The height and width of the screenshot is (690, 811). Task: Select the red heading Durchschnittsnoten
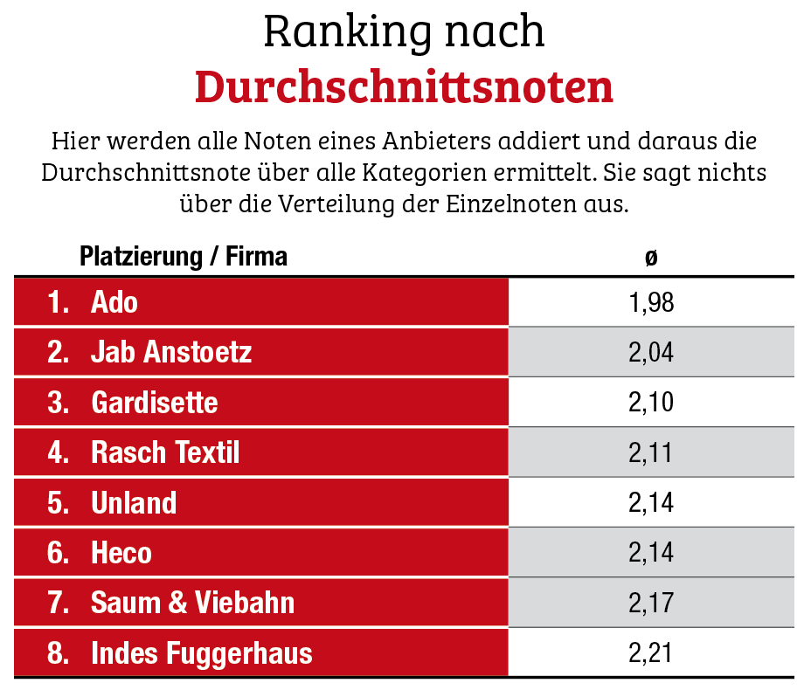click(404, 86)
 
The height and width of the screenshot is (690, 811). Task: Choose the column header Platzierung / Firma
click(184, 257)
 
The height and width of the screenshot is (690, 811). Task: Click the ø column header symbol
click(651, 257)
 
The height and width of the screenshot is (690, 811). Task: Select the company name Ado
click(114, 303)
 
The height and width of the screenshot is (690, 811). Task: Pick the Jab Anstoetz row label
click(171, 353)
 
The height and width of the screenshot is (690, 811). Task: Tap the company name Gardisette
click(155, 403)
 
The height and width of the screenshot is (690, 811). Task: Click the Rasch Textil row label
click(165, 452)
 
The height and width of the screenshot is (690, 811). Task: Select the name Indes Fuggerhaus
click(201, 652)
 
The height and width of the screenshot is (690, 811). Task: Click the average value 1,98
click(651, 303)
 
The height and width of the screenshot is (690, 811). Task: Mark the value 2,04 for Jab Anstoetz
click(651, 353)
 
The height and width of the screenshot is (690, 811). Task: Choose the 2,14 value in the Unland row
click(651, 503)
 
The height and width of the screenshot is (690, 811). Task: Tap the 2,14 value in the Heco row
click(651, 553)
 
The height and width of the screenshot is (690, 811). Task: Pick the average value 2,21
click(651, 652)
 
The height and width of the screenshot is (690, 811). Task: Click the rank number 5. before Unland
click(59, 503)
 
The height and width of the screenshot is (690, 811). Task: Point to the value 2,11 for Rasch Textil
click(651, 452)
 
